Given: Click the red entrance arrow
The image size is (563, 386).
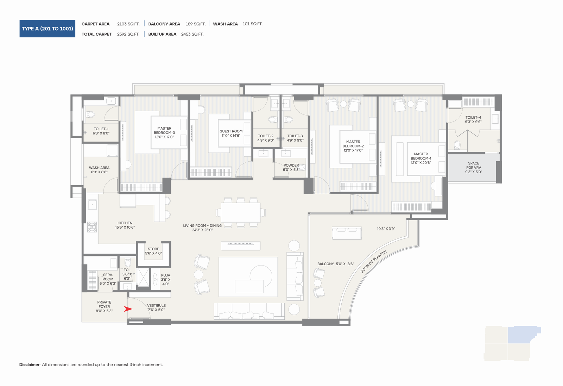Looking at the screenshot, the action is coord(128,309).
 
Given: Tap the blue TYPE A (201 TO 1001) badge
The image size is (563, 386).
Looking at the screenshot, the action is coord(47,29).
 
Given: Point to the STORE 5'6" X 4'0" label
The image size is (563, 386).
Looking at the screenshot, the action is coord(153,251).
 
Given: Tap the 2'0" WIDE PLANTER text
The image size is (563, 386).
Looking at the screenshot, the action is coord(373,262).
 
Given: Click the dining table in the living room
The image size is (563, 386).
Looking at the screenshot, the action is coord(241,213).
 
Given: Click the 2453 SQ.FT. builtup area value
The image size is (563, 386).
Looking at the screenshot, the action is coord(192,34).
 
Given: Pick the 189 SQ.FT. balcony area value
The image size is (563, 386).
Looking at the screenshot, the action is coord(196,24).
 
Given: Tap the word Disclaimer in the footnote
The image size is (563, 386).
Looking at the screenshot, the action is coord(30,365).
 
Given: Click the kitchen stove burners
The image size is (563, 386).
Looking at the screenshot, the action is coord(92,227).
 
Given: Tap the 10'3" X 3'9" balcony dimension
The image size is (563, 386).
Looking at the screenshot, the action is coord(386,229).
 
